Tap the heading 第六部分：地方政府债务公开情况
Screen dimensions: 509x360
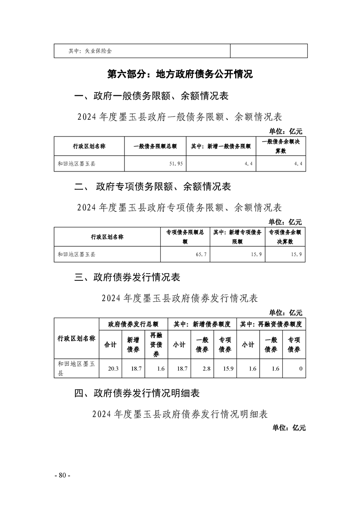pos(179,74)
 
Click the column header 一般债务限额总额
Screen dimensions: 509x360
pos(155,147)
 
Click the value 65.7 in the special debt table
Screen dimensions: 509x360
pos(202,254)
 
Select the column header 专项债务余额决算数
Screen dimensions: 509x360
pos(285,237)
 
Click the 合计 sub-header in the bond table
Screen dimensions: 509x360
pos(110,345)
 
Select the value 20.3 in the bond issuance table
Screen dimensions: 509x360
pos(113,369)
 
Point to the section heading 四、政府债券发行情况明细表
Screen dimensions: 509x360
pos(137,393)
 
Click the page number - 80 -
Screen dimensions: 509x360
pos(62,475)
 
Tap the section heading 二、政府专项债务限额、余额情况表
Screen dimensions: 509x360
pos(153,186)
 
